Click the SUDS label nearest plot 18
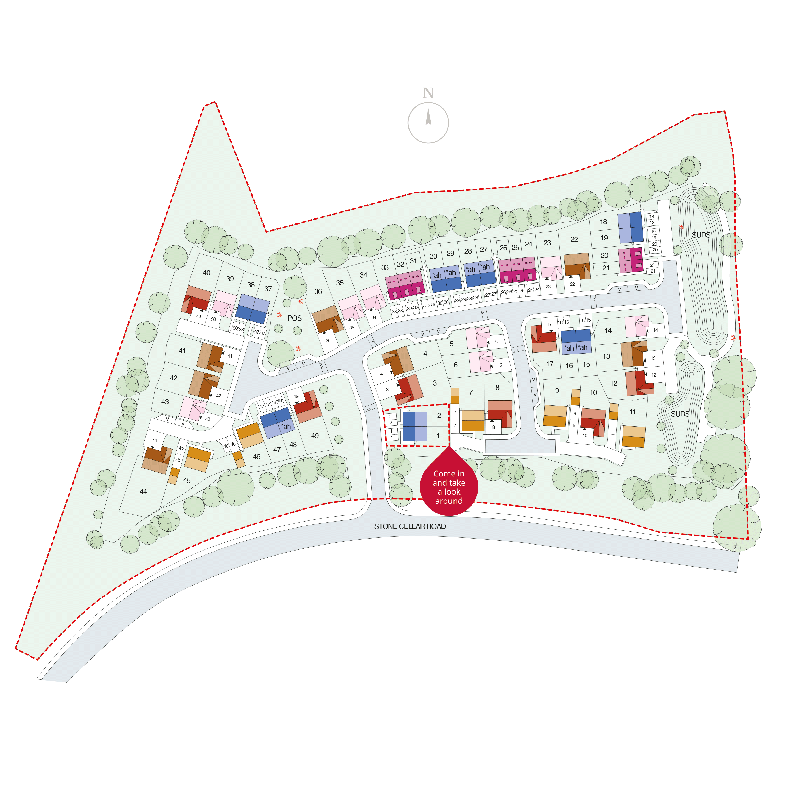pyautogui.click(x=701, y=235)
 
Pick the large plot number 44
pyautogui.click(x=143, y=492)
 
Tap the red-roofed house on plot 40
pyautogui.click(x=197, y=299)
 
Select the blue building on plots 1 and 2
pyautogui.click(x=414, y=426)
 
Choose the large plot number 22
pyautogui.click(x=574, y=239)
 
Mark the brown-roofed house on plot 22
pyautogui.click(x=577, y=266)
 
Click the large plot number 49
pyautogui.click(x=315, y=436)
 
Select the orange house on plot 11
pyautogui.click(x=633, y=436)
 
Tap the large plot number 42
pyautogui.click(x=173, y=378)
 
